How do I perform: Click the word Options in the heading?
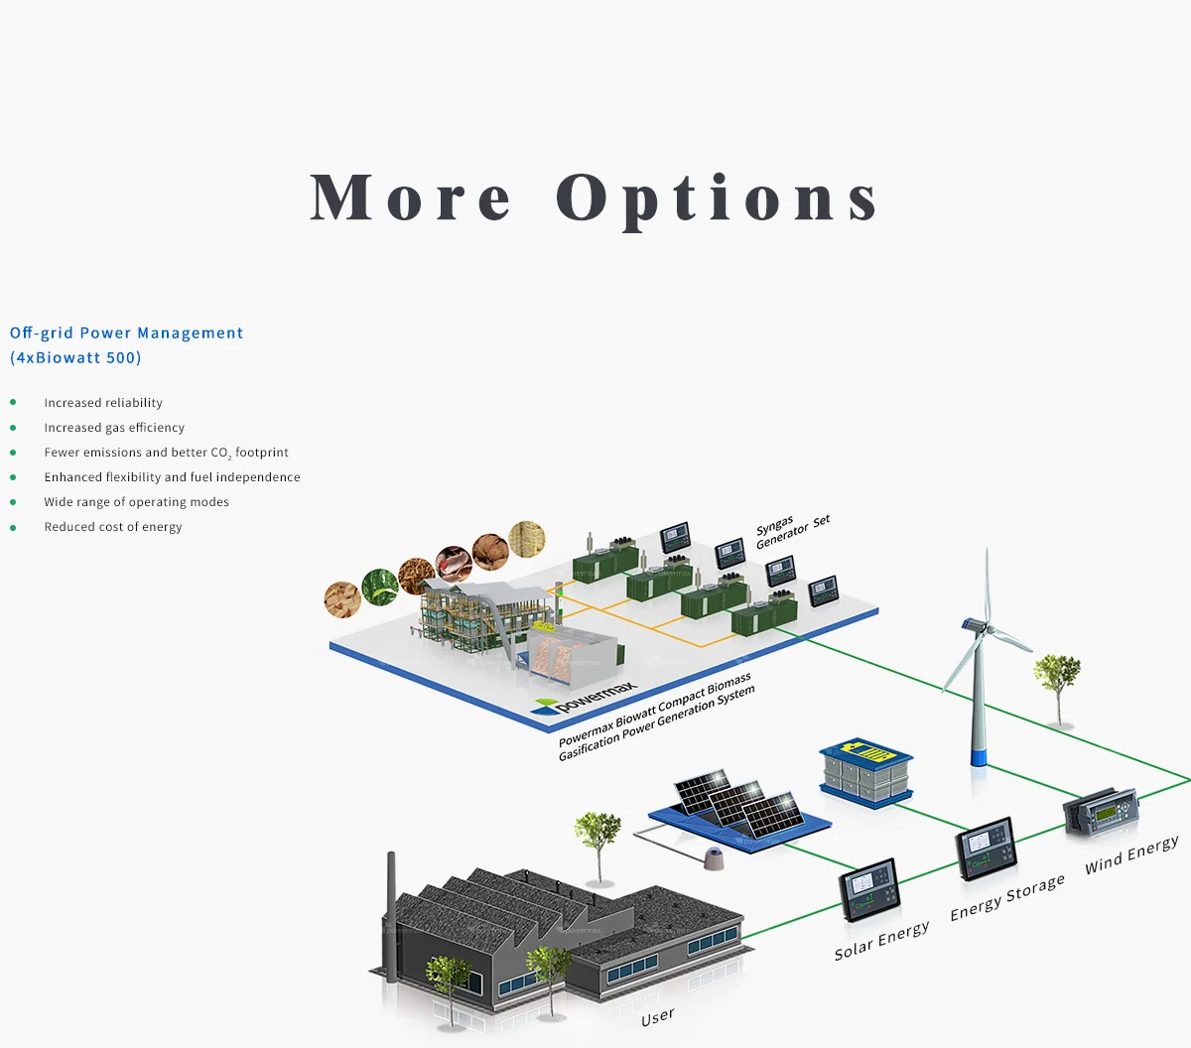717,198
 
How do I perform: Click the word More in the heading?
411,198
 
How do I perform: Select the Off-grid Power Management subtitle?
126,333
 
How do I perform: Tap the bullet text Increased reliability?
103,403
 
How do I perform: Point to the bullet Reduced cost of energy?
113,527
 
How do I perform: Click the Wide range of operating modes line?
136,502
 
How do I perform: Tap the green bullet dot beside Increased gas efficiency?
13,428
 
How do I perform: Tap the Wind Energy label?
1131,854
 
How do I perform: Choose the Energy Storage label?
1006,897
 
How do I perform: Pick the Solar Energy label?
881,940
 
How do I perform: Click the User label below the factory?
657,1017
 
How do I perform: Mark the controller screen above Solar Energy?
869,888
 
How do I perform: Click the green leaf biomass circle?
380,587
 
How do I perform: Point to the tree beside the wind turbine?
1056,681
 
